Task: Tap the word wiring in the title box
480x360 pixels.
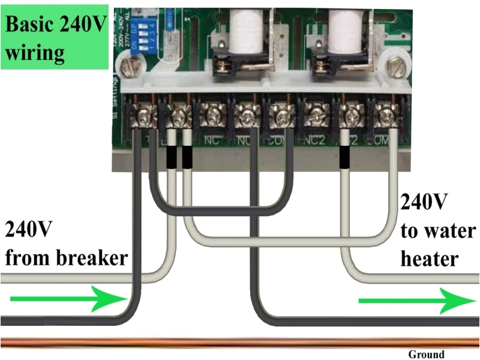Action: (35, 53)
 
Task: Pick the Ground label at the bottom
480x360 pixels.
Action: (426, 355)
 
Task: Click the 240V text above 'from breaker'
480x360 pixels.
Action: (29, 230)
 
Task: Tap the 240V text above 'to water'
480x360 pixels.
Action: (424, 202)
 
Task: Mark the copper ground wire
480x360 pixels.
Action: (240, 343)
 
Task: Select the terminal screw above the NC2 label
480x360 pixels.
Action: (314, 112)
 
